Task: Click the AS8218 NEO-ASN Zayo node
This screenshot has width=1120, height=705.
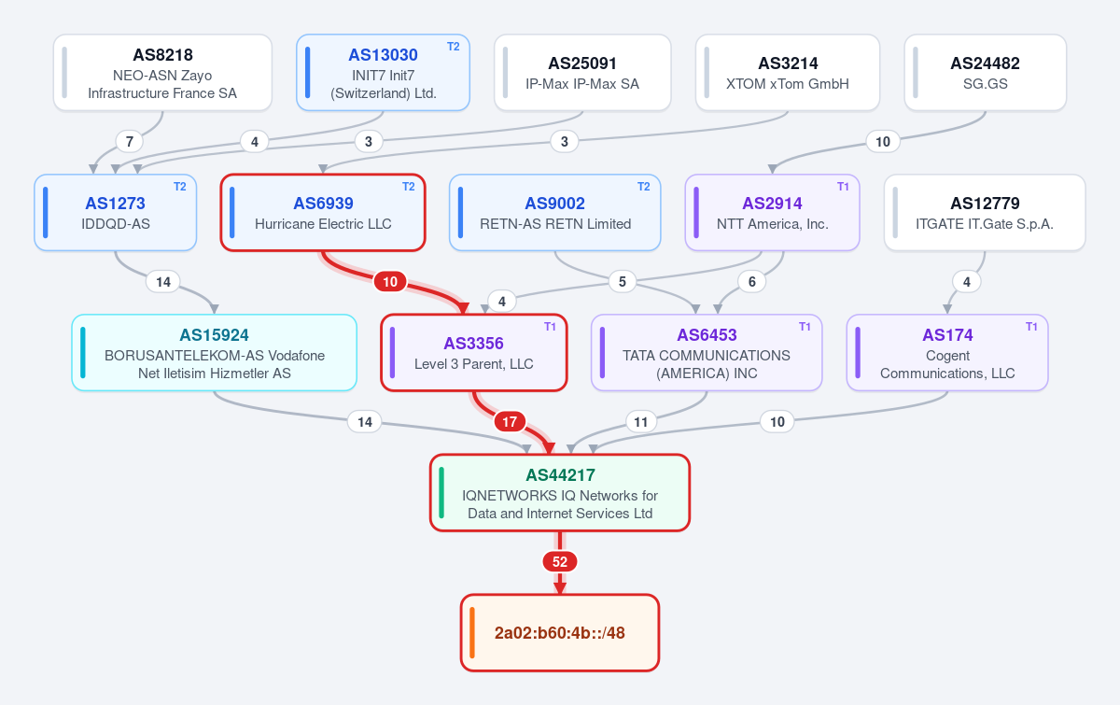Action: [x=162, y=73]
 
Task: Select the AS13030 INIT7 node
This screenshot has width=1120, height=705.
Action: [x=383, y=73]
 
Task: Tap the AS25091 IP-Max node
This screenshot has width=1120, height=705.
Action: [x=582, y=73]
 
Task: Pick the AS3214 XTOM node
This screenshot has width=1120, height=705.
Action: [x=788, y=73]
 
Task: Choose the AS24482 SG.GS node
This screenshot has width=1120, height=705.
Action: [x=986, y=73]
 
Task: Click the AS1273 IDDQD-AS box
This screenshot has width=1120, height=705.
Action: [x=116, y=213]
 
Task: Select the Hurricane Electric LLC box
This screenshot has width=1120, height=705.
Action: [x=323, y=213]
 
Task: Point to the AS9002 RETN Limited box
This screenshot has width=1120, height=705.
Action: [x=555, y=213]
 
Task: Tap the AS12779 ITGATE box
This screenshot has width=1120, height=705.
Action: [x=985, y=213]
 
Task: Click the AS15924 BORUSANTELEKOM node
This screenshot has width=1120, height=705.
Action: [x=215, y=353]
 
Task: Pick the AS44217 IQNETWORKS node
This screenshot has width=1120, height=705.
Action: [x=560, y=493]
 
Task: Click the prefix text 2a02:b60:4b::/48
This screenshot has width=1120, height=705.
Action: [x=559, y=633]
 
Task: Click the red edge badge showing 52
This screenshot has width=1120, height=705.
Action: [x=560, y=562]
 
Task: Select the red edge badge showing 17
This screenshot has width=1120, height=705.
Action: [x=510, y=422]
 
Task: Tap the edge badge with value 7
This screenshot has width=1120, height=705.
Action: [x=130, y=142]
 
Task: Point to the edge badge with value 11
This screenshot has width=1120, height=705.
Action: [x=641, y=422]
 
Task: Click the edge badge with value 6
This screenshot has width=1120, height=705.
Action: [x=752, y=282]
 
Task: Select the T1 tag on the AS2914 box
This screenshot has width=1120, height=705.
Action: [x=843, y=187]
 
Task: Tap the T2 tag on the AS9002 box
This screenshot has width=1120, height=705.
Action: [x=643, y=187]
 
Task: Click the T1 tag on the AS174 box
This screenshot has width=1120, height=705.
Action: [x=1031, y=327]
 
